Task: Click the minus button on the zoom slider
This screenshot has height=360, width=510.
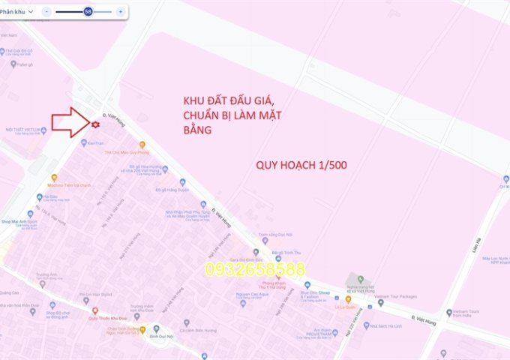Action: click(46, 12)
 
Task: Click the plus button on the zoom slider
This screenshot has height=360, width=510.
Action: click(120, 12)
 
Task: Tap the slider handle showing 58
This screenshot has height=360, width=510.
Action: click(88, 12)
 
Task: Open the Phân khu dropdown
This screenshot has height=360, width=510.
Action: click(16, 12)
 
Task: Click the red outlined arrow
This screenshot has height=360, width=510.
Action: click(69, 122)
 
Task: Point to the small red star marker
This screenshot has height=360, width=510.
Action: click(95, 124)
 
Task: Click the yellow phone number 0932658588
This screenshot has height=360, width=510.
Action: click(256, 268)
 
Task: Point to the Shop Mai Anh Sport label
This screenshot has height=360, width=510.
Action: click(20, 220)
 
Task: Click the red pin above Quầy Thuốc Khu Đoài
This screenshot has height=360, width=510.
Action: click(94, 310)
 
